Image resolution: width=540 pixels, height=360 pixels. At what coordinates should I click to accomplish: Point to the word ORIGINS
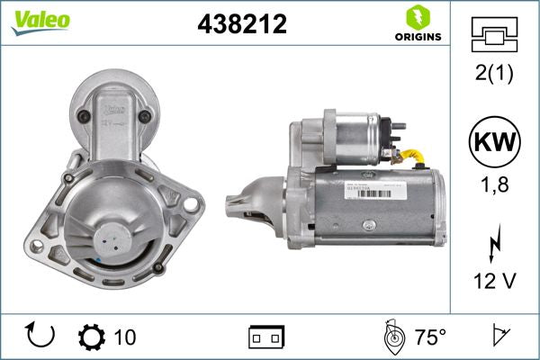pos(417,39)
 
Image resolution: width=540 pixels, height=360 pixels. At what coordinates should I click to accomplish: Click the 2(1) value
pos(495,74)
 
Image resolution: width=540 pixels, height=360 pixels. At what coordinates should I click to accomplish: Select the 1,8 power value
pos(495,185)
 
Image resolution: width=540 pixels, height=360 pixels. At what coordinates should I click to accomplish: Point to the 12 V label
pos(495,282)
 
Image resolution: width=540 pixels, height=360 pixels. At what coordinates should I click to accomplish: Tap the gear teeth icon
pos(92,337)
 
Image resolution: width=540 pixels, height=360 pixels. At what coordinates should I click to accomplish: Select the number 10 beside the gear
pos(125,337)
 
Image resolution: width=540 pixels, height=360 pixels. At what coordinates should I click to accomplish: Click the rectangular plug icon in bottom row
pos(266,337)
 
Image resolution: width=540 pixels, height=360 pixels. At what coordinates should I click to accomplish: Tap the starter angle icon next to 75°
pos(392,337)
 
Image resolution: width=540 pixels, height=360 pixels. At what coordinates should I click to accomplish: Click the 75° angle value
pos(430,337)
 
